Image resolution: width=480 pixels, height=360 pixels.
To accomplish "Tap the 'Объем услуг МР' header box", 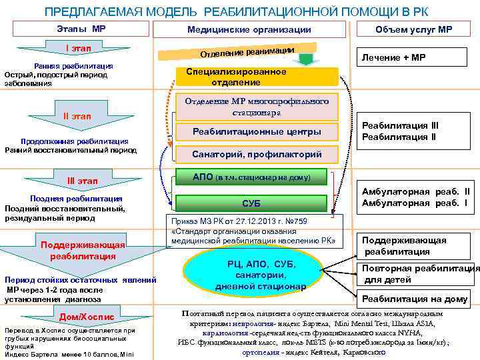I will pyautogui.click(x=413, y=29).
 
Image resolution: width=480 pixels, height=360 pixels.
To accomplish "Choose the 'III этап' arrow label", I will pyautogui.click(x=82, y=181).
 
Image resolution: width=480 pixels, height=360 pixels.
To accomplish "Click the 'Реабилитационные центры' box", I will pyautogui.click(x=257, y=132).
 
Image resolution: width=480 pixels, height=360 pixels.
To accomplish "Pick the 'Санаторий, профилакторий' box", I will pyautogui.click(x=257, y=154).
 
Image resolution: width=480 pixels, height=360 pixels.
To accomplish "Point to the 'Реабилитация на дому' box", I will pyautogui.click(x=415, y=299).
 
